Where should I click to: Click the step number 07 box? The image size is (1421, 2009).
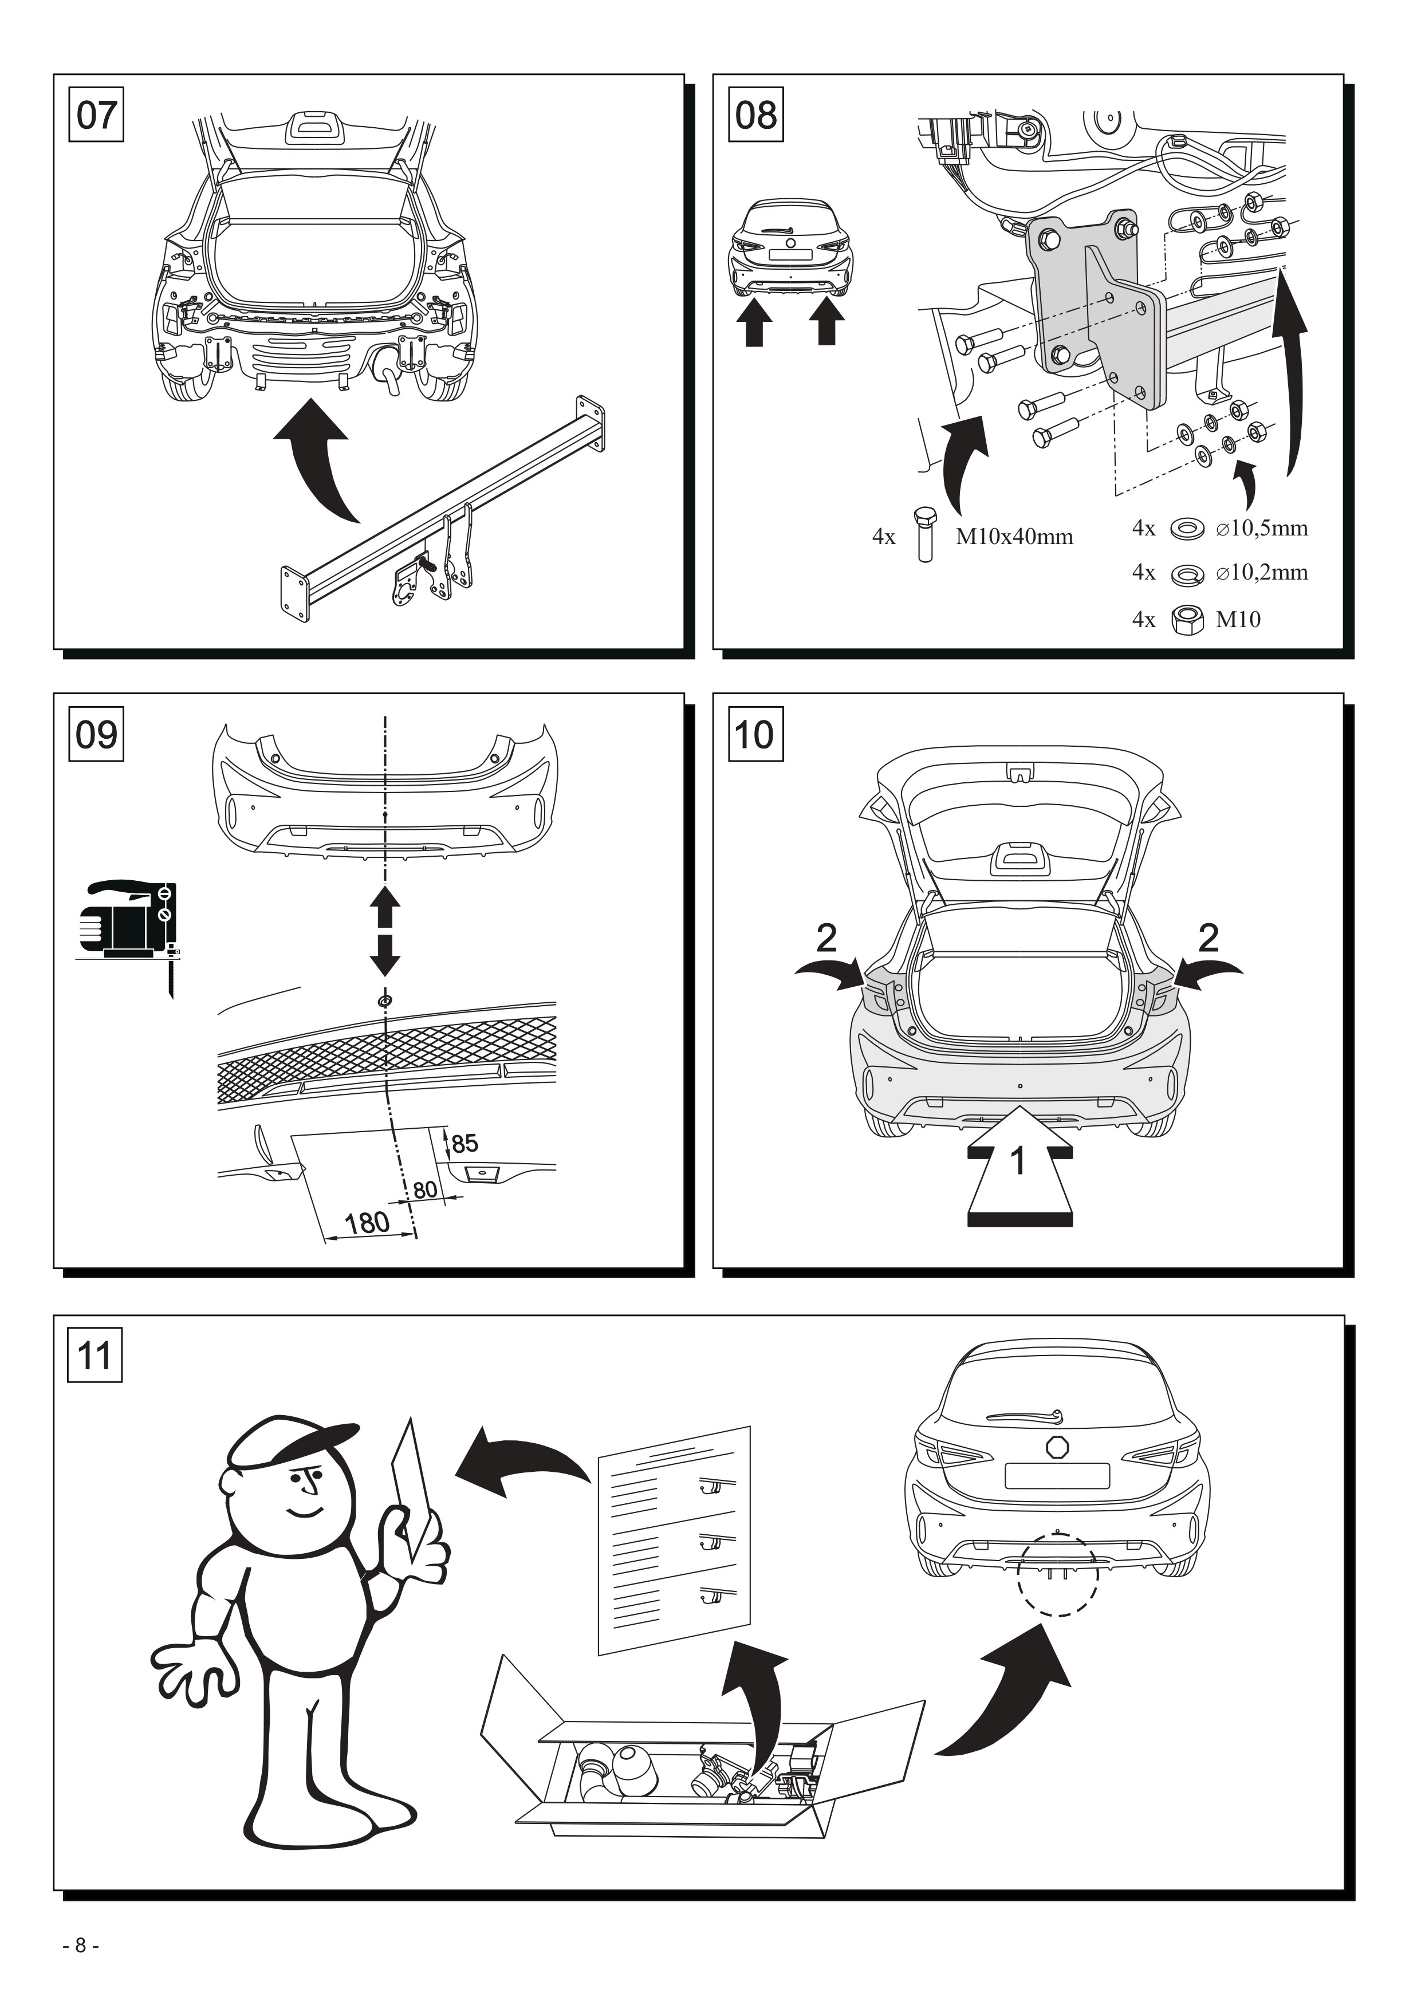(x=96, y=115)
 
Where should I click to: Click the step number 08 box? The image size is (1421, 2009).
(x=756, y=115)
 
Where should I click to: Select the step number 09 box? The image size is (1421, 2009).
(x=96, y=734)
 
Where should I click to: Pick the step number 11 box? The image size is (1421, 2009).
(x=96, y=1356)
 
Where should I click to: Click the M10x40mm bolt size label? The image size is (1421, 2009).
(x=1014, y=537)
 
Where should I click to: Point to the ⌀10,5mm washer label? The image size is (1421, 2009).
(x=1262, y=529)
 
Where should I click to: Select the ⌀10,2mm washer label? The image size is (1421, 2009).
(x=1262, y=573)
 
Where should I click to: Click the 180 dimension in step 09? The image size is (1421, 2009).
(x=367, y=1222)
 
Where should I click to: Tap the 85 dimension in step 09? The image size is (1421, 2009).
(x=465, y=1144)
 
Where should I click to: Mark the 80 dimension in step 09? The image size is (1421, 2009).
(x=425, y=1190)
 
